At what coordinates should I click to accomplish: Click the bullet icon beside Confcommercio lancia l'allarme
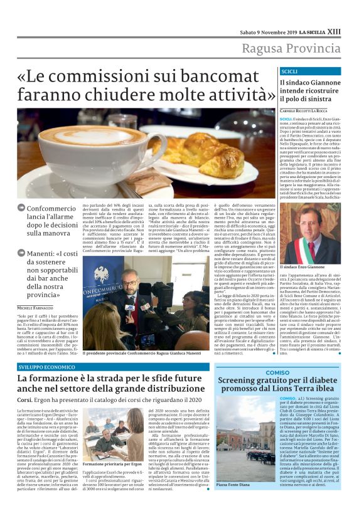coord(21,208)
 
